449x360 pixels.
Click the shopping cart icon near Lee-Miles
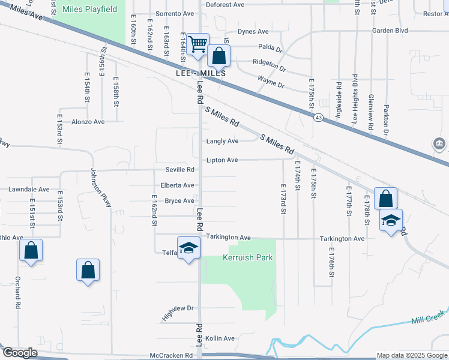coord(197,44)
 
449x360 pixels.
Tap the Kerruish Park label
coord(248,257)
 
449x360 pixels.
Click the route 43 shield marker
coord(318,118)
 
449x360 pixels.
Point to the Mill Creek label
coord(427,317)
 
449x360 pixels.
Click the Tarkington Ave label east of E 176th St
coord(342,238)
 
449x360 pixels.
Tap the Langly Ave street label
coord(222,141)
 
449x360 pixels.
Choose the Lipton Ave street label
coord(222,160)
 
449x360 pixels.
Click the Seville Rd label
coord(176,170)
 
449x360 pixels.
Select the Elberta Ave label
coord(176,185)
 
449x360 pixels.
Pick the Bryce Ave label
coord(179,200)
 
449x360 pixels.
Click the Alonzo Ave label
coord(88,121)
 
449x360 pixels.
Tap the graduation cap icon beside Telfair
coord(188,248)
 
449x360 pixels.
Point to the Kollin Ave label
coord(220,338)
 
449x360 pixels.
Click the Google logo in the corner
coord(20,353)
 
